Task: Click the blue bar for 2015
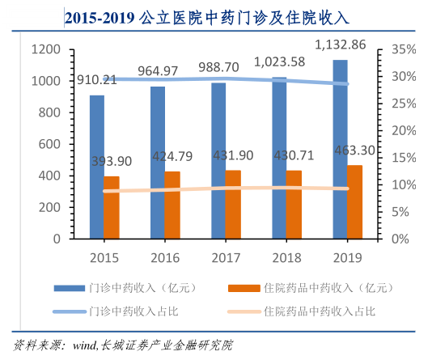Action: pos(97,167)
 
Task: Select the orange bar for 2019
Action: pos(354,202)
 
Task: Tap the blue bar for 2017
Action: pos(218,161)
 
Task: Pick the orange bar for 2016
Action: pos(172,205)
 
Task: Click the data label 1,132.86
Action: pos(341,44)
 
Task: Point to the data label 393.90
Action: pos(112,161)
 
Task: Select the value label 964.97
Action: pos(158,71)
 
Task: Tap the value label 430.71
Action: pos(294,155)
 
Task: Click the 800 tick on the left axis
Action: pos(49,112)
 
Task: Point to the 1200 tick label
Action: pos(46,49)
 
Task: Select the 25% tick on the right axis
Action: pos(404,104)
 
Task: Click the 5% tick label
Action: pos(400,212)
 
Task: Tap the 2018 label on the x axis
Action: pos(287,258)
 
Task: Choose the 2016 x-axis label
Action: pos(165,258)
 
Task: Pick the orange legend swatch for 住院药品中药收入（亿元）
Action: pos(244,288)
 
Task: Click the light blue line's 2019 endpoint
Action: pos(347,84)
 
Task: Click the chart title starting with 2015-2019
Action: pos(207,18)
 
